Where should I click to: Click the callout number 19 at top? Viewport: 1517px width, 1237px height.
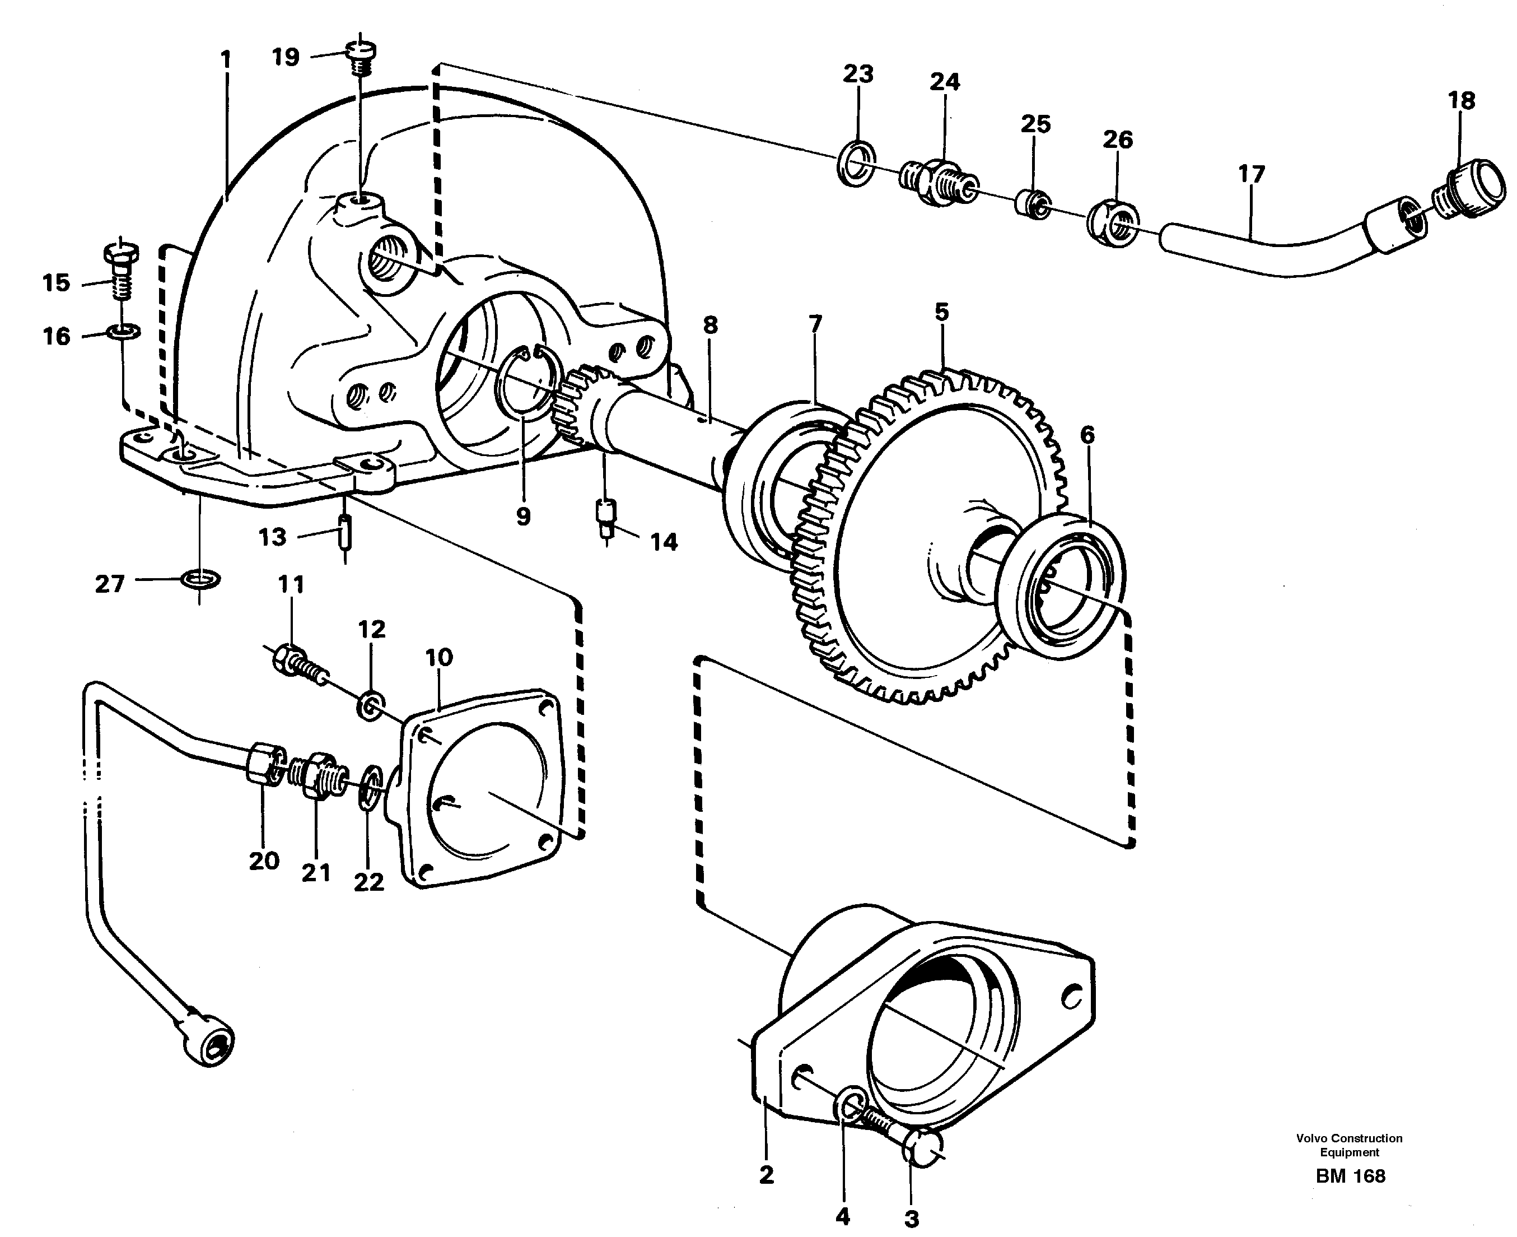tap(286, 57)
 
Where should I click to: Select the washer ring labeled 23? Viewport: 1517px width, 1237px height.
tap(855, 164)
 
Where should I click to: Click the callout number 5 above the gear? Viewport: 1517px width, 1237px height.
tap(941, 311)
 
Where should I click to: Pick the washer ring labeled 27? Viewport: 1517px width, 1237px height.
tap(202, 579)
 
